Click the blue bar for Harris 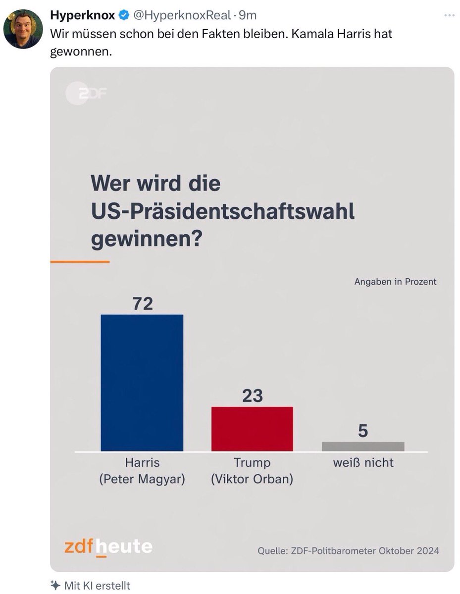142,383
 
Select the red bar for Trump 252,429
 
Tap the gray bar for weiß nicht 363,446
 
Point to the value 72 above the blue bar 142,303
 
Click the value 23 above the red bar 252,396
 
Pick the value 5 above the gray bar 363,431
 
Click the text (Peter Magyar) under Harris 142,480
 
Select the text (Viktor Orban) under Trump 252,480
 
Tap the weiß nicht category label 363,463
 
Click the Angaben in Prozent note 395,282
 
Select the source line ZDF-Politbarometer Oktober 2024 348,550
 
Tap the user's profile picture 23,29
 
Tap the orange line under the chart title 80,261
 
